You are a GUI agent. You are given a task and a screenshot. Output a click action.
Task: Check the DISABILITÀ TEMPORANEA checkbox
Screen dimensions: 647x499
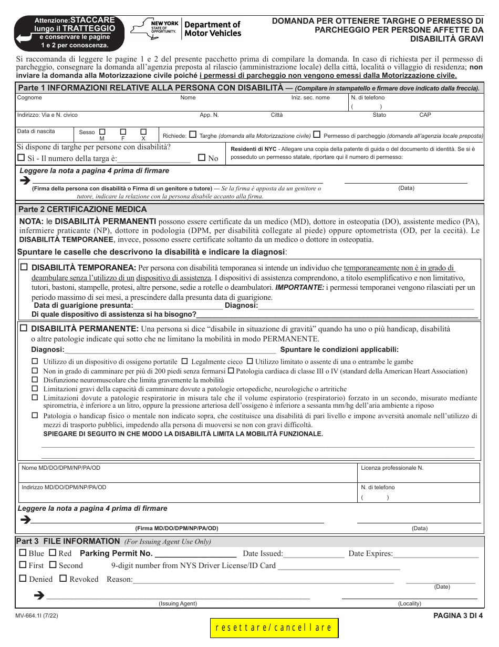point(24,267)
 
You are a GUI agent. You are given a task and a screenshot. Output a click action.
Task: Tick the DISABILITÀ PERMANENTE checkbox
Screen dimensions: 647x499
point(24,328)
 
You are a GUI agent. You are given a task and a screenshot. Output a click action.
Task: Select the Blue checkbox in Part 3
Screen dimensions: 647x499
point(23,553)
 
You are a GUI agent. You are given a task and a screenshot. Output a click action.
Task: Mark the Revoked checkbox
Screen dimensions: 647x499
point(63,579)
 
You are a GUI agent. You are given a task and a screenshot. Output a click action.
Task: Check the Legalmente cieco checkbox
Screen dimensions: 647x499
point(185,361)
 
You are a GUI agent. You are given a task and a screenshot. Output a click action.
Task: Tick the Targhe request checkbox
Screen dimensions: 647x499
point(193,135)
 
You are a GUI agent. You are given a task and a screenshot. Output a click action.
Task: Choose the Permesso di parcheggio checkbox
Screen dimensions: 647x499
point(317,135)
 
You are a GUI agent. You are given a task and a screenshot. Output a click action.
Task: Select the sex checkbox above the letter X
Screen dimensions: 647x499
point(143,132)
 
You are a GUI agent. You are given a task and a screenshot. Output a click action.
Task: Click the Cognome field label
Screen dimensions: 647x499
point(29,98)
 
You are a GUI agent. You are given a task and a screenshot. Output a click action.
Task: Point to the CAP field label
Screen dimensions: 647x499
point(425,115)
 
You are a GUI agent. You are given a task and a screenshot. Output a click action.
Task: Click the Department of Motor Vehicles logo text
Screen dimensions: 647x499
point(213,29)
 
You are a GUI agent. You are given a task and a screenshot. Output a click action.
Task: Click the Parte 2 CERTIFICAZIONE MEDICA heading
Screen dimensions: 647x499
point(82,209)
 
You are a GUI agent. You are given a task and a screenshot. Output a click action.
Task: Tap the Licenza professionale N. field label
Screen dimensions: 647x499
point(392,468)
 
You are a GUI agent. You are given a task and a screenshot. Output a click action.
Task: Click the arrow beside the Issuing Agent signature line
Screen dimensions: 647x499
point(38,595)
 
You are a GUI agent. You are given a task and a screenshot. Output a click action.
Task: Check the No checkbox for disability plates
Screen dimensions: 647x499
point(202,157)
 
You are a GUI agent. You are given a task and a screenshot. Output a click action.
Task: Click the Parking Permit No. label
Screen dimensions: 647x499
point(116,553)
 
